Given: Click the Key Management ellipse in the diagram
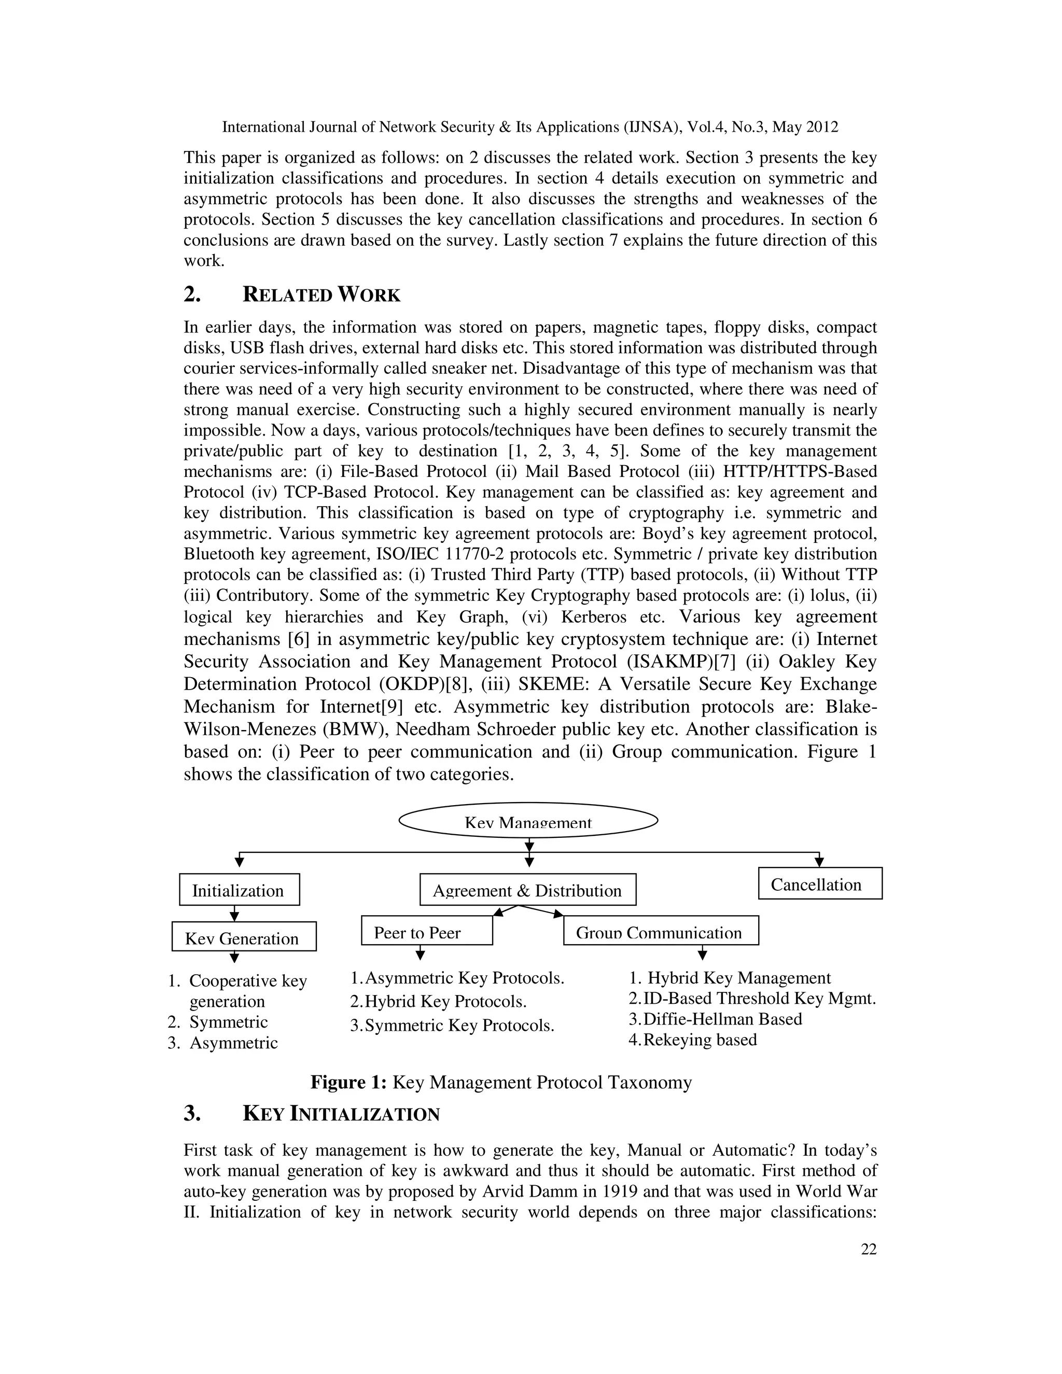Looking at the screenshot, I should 528,820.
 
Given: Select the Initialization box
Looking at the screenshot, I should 239,890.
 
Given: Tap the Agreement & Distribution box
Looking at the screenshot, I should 528,890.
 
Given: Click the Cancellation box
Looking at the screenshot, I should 820,884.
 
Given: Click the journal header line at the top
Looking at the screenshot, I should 530,127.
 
